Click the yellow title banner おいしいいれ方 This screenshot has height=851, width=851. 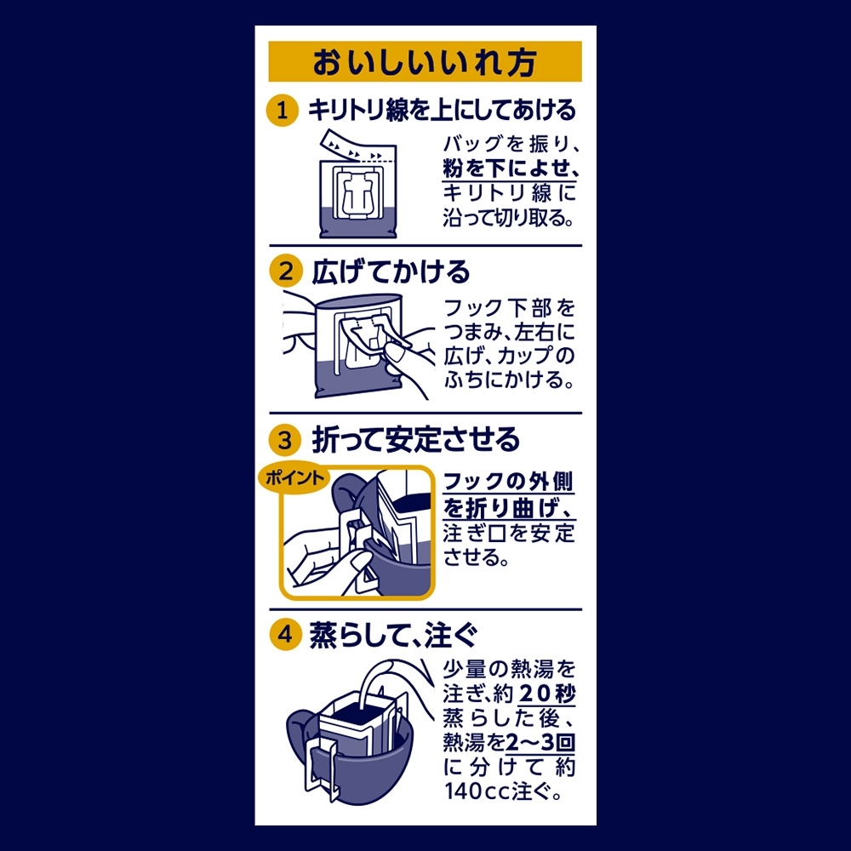pyautogui.click(x=425, y=61)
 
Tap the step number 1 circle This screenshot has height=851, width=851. pyautogui.click(x=283, y=111)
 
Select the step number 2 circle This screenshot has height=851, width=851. pyautogui.click(x=285, y=271)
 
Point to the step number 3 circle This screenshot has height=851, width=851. pyautogui.click(x=285, y=440)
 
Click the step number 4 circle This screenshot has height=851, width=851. pyautogui.click(x=285, y=634)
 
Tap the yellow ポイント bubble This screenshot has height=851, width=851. pyautogui.click(x=294, y=478)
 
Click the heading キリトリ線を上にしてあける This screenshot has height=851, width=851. pyautogui.click(x=442, y=110)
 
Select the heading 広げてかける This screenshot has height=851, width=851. pyautogui.click(x=391, y=271)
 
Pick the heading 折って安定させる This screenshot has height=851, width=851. pyautogui.click(x=416, y=440)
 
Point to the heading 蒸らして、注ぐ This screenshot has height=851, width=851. pyautogui.click(x=394, y=635)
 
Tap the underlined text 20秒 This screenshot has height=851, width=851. pyautogui.click(x=547, y=694)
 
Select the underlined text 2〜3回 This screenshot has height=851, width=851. pyautogui.click(x=540, y=742)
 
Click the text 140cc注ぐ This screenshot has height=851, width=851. pyautogui.click(x=503, y=791)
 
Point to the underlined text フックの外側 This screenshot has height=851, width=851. pyautogui.click(x=508, y=482)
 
